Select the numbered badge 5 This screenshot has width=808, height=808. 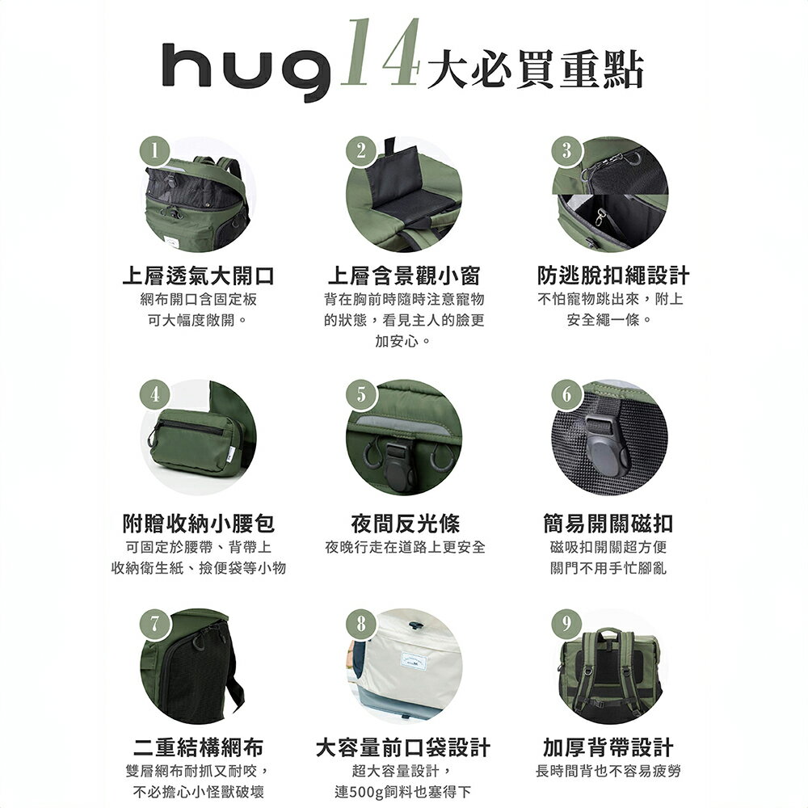360,395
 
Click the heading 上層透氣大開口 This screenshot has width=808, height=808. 197,276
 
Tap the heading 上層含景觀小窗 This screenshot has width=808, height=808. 403,276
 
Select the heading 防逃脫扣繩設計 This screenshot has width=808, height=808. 613,276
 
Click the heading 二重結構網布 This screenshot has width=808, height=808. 197,747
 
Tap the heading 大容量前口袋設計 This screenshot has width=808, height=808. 403,747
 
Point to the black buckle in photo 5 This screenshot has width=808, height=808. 401,457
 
